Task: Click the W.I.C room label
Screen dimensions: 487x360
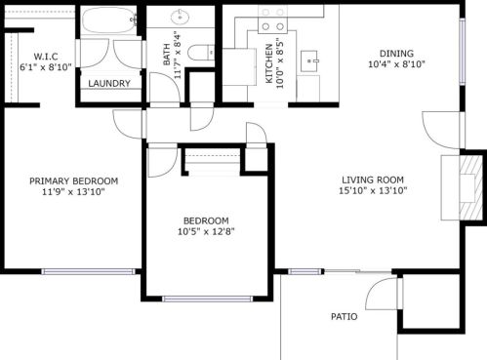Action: pos(46,57)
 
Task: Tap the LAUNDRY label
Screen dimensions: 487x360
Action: pos(109,84)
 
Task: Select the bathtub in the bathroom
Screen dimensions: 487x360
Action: pos(108,20)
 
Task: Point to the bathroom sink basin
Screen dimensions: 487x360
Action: pos(180,17)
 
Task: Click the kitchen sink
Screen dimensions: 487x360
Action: pos(309,60)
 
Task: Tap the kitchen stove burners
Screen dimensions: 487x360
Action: pos(273,26)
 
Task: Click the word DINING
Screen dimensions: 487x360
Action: pos(396,54)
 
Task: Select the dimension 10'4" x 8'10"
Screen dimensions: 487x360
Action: pos(396,64)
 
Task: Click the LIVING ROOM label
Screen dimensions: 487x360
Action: pos(373,180)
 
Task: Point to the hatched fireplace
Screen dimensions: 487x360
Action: pos(470,188)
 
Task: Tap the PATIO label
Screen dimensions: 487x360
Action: pos(344,316)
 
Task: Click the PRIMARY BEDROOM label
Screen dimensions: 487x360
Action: pos(74,181)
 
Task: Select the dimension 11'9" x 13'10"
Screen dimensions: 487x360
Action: pos(73,192)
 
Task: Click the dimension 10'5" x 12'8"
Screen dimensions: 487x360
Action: pos(206,231)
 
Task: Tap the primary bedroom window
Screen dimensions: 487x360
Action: pos(88,271)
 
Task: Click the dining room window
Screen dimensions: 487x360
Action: pos(462,52)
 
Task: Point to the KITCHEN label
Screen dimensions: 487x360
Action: pos(269,63)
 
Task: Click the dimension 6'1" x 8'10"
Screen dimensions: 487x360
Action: pos(46,67)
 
